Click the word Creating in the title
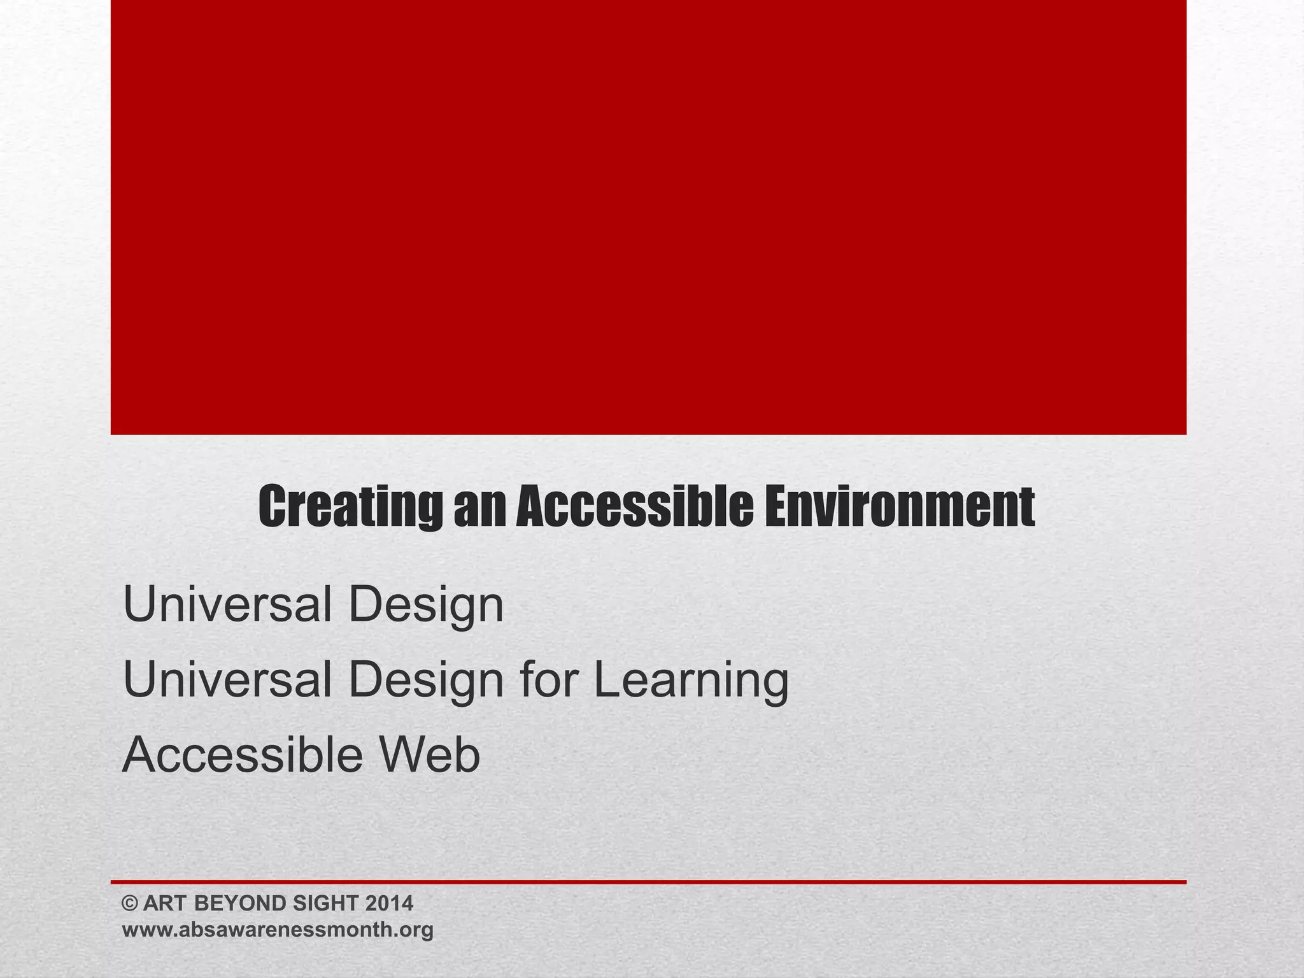point(350,507)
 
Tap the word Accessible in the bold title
point(634,507)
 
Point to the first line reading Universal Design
point(313,605)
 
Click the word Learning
point(691,680)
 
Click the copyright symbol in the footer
point(130,904)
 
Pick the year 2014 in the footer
point(390,904)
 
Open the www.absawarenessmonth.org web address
point(278,930)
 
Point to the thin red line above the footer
point(648,882)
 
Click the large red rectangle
point(648,216)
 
